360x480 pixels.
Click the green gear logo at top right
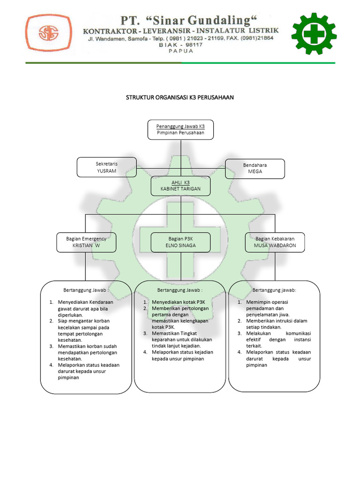coord(314,34)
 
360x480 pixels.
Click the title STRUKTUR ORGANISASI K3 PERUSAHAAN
coord(180,97)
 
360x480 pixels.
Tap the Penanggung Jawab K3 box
coord(181,129)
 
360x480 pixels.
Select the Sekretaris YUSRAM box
coord(106,167)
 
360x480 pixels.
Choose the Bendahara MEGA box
coord(255,168)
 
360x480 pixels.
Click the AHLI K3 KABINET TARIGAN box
coord(181,185)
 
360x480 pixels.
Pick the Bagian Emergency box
coord(86,242)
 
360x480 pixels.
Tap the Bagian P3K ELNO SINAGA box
coord(181,242)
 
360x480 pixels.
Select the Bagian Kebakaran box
coord(275,242)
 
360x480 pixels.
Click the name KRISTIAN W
coord(86,245)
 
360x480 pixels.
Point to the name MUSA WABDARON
coord(275,245)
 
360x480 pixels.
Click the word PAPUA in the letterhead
coord(180,52)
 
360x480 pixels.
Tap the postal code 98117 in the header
coord(192,45)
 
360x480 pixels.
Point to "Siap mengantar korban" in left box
coord(83,321)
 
